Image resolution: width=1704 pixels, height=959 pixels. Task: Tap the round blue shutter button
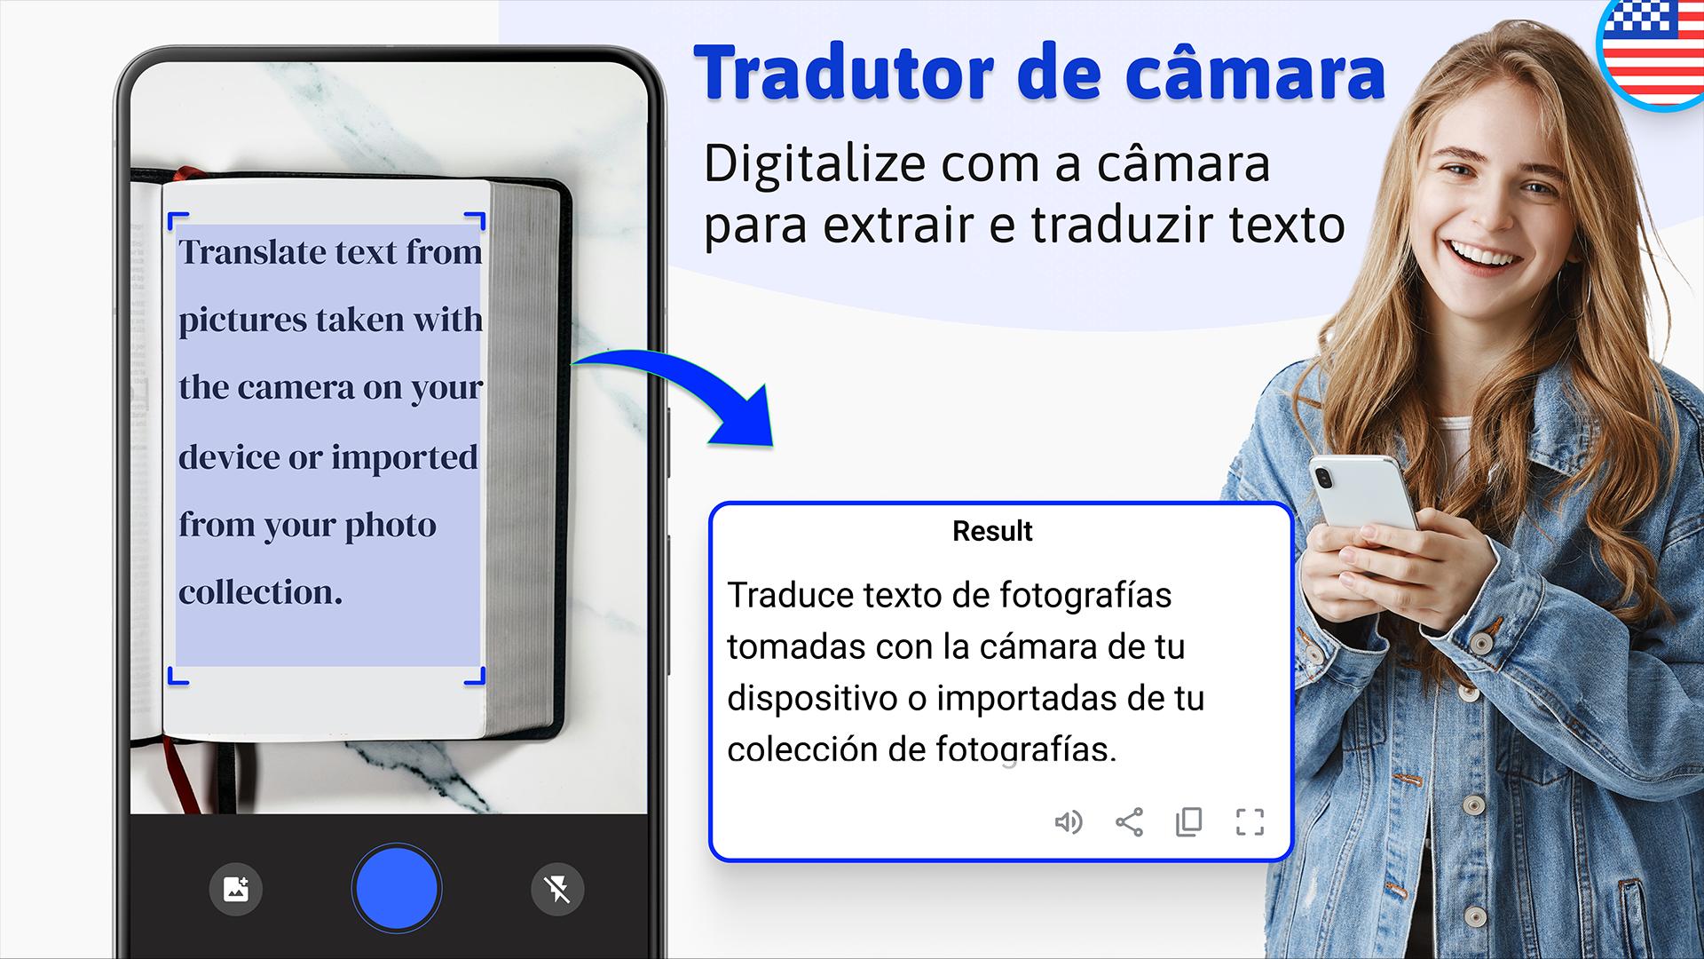coord(396,889)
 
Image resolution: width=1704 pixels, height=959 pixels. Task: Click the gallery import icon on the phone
coord(236,888)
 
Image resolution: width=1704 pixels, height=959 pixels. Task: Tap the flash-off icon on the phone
coord(557,888)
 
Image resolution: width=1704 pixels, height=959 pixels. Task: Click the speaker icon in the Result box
coord(1069,822)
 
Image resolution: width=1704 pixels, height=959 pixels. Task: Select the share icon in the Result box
coord(1129,822)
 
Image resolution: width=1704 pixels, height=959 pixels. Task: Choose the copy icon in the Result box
coord(1188,822)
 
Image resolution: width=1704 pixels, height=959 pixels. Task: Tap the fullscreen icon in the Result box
coord(1250,822)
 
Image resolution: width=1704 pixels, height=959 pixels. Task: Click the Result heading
coord(992,531)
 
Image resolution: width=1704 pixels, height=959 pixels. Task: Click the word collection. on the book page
coord(261,592)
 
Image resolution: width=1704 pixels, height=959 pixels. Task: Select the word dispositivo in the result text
coord(812,700)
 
